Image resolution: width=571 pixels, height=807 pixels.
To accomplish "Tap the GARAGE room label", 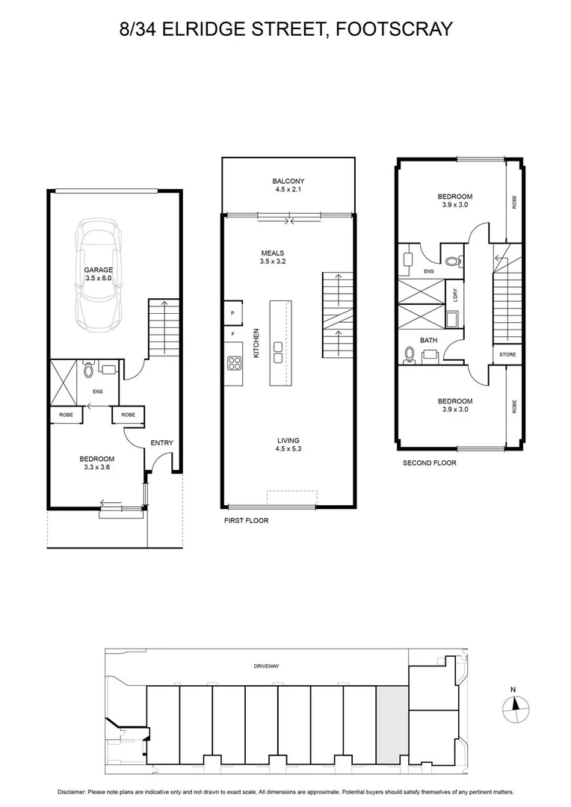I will coord(99,273).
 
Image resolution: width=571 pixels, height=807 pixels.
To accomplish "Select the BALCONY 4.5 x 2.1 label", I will coord(288,185).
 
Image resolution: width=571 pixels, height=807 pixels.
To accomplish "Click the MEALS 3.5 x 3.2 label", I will coord(272,258).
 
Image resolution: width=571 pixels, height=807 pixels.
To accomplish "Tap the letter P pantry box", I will coord(232,313).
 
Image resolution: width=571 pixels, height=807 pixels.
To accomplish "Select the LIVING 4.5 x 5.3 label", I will coord(288,445).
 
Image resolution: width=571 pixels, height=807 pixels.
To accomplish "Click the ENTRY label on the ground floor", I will coord(161,443).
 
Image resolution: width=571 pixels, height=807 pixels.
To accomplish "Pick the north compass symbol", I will coord(516,705).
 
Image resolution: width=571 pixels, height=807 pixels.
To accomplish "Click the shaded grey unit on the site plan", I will coord(392,725).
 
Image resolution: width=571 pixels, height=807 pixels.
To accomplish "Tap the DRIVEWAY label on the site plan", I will coord(266,666).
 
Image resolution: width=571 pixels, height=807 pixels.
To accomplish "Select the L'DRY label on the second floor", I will coord(454,296).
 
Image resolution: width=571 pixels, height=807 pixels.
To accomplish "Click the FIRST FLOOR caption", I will coord(246,520).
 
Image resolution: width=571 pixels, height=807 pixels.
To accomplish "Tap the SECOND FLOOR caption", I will coord(429,463).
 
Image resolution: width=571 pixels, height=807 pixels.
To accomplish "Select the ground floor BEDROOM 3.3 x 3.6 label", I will coord(97,463).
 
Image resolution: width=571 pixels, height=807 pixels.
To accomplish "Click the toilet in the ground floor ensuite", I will coord(89,368).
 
